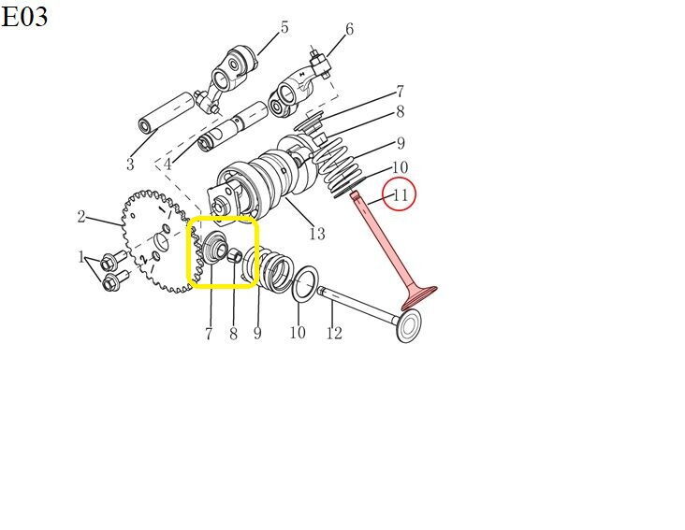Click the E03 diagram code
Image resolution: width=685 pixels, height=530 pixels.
pos(24,17)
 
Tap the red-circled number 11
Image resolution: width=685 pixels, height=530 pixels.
pos(401,194)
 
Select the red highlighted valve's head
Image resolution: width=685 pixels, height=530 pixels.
pos(420,297)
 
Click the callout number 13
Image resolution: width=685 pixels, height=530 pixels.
pos(317,234)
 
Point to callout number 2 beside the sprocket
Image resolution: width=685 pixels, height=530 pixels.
pos(81,216)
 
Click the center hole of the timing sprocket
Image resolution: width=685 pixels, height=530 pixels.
pos(162,241)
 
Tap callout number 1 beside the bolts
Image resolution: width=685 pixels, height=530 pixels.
pos(81,256)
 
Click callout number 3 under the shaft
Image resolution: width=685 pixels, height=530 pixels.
pos(130,165)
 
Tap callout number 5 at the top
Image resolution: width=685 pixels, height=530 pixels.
pos(284,27)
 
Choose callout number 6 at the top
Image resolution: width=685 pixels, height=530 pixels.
pos(349,29)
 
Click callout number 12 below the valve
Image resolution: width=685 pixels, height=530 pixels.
pos(334,333)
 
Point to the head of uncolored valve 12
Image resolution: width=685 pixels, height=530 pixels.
pos(409,326)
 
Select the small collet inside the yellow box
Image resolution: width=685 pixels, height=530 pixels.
pos(235,254)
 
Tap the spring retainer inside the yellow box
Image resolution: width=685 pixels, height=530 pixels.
pos(215,249)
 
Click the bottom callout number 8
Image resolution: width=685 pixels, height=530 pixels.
pos(234,334)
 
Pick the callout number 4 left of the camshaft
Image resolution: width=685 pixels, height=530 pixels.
pos(168,165)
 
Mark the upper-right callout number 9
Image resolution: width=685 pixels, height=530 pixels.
pos(401,143)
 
